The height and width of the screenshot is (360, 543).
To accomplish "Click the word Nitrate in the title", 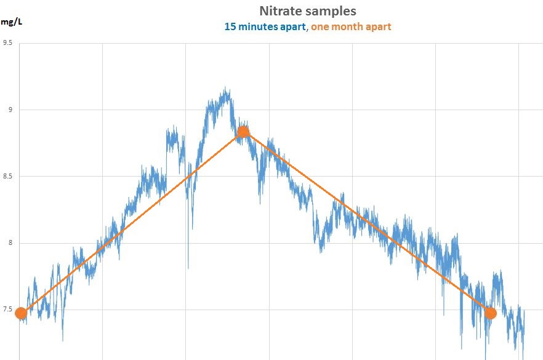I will [281, 11].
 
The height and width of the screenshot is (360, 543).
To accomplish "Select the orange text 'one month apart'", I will [351, 26].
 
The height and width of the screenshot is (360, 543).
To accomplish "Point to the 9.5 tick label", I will [8, 43].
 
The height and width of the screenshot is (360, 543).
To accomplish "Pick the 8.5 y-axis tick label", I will [8, 177].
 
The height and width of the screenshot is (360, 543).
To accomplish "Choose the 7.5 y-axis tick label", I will [8, 310].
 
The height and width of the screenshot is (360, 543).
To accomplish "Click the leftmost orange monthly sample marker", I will [21, 313].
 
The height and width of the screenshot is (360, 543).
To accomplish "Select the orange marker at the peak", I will [243, 131].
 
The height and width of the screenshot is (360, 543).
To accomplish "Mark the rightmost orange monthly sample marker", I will [490, 313].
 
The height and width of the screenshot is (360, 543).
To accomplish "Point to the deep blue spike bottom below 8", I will [188, 268].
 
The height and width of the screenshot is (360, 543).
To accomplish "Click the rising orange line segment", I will [132, 222].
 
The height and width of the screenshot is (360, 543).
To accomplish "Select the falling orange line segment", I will [366, 222].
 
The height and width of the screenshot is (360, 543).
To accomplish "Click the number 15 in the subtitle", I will [230, 26].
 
